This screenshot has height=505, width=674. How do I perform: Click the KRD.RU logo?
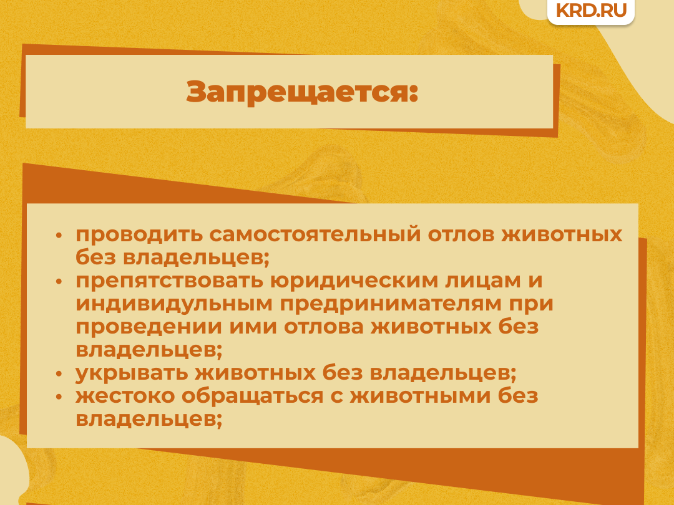[x=591, y=10]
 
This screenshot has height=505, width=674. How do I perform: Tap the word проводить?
[x=139, y=235]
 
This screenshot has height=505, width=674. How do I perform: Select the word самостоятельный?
[x=315, y=234]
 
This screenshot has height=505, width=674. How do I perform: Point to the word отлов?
[x=461, y=234]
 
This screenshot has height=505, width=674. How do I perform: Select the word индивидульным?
[x=174, y=304]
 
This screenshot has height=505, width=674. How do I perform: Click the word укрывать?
[x=132, y=373]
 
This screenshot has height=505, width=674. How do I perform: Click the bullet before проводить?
[x=59, y=236]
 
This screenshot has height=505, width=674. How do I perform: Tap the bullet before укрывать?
[x=59, y=374]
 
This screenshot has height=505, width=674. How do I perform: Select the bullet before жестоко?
[x=59, y=397]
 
